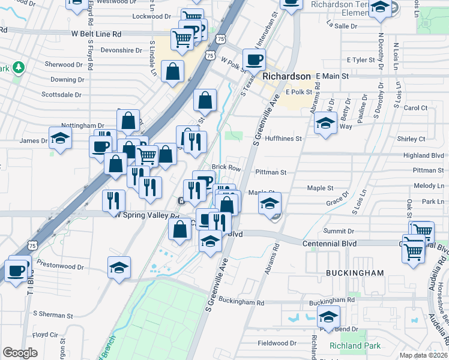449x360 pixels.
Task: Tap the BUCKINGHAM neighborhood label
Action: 355,273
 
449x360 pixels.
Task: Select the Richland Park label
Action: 355,346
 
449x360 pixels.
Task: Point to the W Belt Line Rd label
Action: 97,35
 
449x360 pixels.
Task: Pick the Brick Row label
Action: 226,167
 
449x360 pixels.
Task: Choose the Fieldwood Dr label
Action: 277,344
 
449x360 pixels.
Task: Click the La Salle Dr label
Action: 342,26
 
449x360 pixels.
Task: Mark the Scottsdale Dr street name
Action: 61,94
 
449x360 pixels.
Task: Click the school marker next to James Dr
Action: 60,139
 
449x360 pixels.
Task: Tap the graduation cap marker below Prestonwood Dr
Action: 119,268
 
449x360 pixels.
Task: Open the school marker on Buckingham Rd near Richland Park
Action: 328,317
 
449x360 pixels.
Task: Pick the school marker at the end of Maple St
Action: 270,202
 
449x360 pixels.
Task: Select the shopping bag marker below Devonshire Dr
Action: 173,72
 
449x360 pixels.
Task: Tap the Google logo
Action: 20,353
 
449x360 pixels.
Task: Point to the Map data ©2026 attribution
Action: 423,355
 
